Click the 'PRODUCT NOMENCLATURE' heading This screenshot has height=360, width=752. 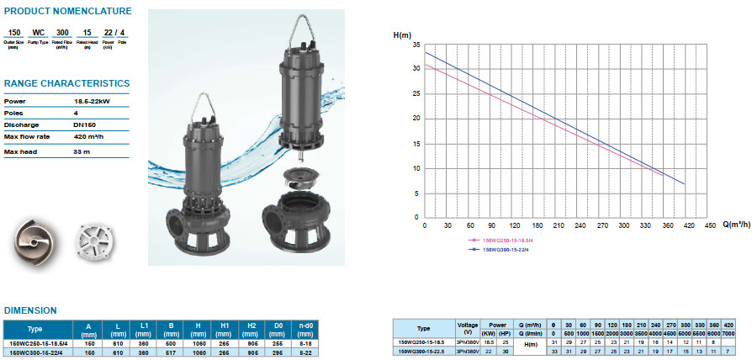tap(67, 11)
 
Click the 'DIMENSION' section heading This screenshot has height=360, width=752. tap(30, 310)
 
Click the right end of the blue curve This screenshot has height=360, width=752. tap(685, 184)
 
